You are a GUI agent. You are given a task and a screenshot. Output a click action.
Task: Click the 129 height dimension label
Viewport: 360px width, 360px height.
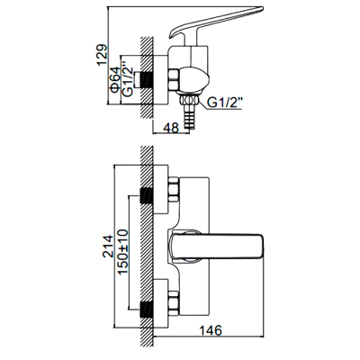pyautogui.click(x=102, y=55)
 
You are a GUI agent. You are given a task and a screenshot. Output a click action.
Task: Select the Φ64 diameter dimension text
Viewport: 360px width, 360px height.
pyautogui.click(x=115, y=79)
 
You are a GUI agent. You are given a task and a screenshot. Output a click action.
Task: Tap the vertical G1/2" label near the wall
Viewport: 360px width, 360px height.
pyautogui.click(x=127, y=79)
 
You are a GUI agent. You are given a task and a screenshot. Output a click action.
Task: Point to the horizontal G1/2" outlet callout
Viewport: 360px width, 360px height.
pyautogui.click(x=225, y=103)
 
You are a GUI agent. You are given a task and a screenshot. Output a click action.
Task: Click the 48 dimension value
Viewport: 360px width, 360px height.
pyautogui.click(x=171, y=127)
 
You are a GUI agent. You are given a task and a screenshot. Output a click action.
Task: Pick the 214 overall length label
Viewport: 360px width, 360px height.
pyautogui.click(x=108, y=247)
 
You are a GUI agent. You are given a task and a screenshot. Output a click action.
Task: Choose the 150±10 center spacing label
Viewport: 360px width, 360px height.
pyautogui.click(x=122, y=251)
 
